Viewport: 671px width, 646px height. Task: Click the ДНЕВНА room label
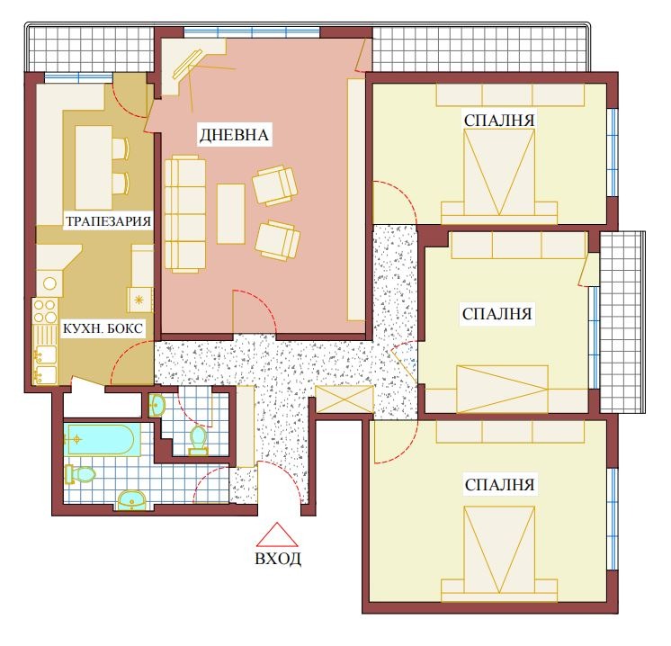click(x=234, y=135)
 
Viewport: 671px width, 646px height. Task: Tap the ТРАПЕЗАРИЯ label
click(x=106, y=220)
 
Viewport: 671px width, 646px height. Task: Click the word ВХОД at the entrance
click(x=278, y=559)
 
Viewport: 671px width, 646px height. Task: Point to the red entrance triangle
click(x=278, y=535)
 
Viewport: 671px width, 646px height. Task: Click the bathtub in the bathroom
click(x=100, y=440)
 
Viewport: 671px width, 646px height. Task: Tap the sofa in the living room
click(x=185, y=213)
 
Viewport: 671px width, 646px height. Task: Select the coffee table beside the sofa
click(x=231, y=213)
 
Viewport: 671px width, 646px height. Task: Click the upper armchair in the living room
click(x=275, y=184)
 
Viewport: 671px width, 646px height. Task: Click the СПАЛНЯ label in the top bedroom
click(x=499, y=120)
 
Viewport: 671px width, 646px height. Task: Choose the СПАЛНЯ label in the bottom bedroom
click(x=500, y=485)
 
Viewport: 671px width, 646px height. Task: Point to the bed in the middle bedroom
click(x=502, y=389)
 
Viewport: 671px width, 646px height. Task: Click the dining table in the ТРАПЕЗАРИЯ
click(x=93, y=167)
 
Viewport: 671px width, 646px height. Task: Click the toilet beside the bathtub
click(x=83, y=472)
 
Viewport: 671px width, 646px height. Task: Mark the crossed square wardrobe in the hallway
click(x=345, y=400)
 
